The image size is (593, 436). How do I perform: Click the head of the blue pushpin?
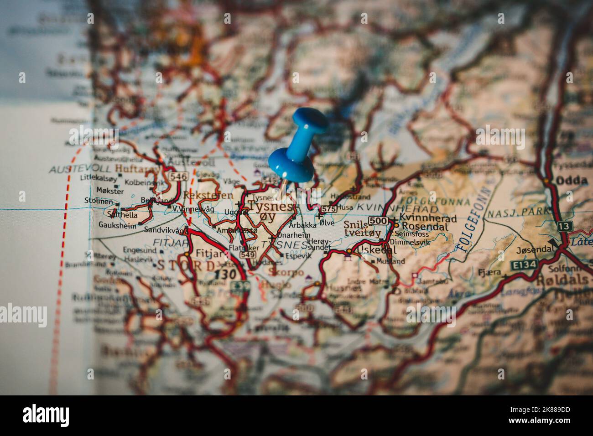point(310,119)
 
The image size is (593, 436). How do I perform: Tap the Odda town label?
point(571,181)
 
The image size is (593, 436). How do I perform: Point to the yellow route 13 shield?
point(565,226)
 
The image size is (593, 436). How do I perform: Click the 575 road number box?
point(328,208)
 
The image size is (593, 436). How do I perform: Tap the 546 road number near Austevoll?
point(178,176)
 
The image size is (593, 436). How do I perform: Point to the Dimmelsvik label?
point(410,243)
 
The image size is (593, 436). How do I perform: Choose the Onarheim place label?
point(294,235)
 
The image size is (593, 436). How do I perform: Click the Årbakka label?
point(302,225)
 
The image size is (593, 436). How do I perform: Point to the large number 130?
point(225,274)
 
